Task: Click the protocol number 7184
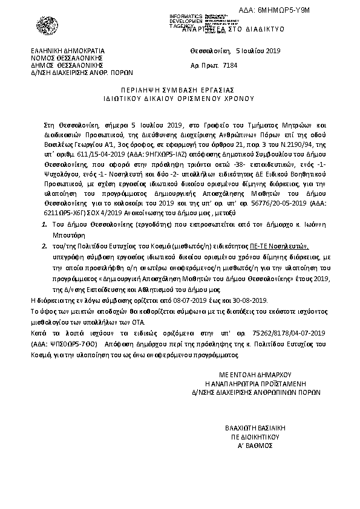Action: tap(231, 63)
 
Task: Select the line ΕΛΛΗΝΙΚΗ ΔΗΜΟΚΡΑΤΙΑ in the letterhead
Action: tap(69, 51)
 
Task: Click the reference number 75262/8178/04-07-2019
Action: tap(287, 333)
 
